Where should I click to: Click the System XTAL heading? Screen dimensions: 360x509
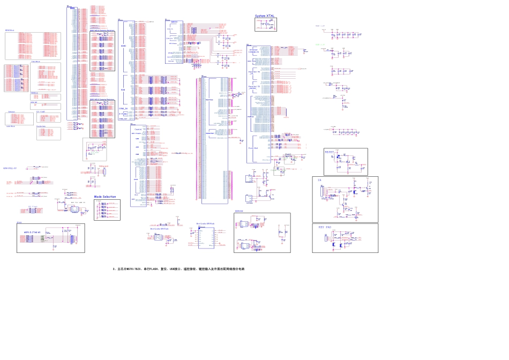pyautogui.click(x=265, y=16)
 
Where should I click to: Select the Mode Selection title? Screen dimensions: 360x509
pyautogui.click(x=105, y=197)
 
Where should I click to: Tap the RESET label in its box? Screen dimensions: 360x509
pyautogui.click(x=330, y=152)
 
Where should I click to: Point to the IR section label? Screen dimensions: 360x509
pyautogui.click(x=319, y=180)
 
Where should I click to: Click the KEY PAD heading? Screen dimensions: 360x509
pyautogui.click(x=325, y=227)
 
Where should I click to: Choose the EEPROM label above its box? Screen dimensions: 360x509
pyautogui.click(x=239, y=211)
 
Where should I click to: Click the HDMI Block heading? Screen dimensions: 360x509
pyautogui.click(x=10, y=31)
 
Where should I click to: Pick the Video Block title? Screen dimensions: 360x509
pyautogui.click(x=35, y=62)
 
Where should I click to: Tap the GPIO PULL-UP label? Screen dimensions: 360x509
pyautogui.click(x=10, y=168)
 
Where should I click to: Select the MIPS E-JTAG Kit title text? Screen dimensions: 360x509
pyautogui.click(x=32, y=232)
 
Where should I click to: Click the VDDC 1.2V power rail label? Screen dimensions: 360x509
pyautogui.click(x=320, y=26)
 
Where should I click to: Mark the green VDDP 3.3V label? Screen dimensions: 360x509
pyautogui.click(x=320, y=45)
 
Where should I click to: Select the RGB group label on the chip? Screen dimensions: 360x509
pyautogui.click(x=123, y=90)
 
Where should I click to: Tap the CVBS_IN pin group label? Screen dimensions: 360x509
pyautogui.click(x=123, y=108)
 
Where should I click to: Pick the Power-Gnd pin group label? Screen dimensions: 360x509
pyautogui.click(x=253, y=147)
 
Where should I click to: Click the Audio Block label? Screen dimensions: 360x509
pyautogui.click(x=11, y=126)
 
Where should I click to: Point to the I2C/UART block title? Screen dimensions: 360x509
pyautogui.click(x=41, y=111)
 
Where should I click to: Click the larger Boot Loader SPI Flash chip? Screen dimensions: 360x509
pyautogui.click(x=206, y=237)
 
